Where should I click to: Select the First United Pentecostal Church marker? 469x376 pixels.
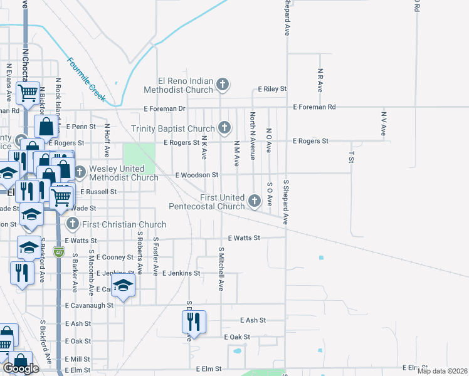[x=254, y=201]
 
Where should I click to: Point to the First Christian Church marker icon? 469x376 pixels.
[x=73, y=224]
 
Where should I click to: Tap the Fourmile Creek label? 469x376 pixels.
[x=86, y=80]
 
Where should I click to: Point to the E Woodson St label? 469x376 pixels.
[x=196, y=175]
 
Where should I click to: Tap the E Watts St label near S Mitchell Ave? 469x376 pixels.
[x=244, y=238]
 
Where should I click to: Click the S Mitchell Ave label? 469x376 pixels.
[x=221, y=269]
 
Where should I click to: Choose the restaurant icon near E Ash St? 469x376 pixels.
[x=192, y=321]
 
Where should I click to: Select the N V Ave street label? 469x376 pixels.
[x=383, y=124]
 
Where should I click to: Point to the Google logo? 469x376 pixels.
[x=21, y=368]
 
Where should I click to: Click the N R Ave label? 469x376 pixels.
[x=320, y=80]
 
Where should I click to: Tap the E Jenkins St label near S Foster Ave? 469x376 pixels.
[x=181, y=273]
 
